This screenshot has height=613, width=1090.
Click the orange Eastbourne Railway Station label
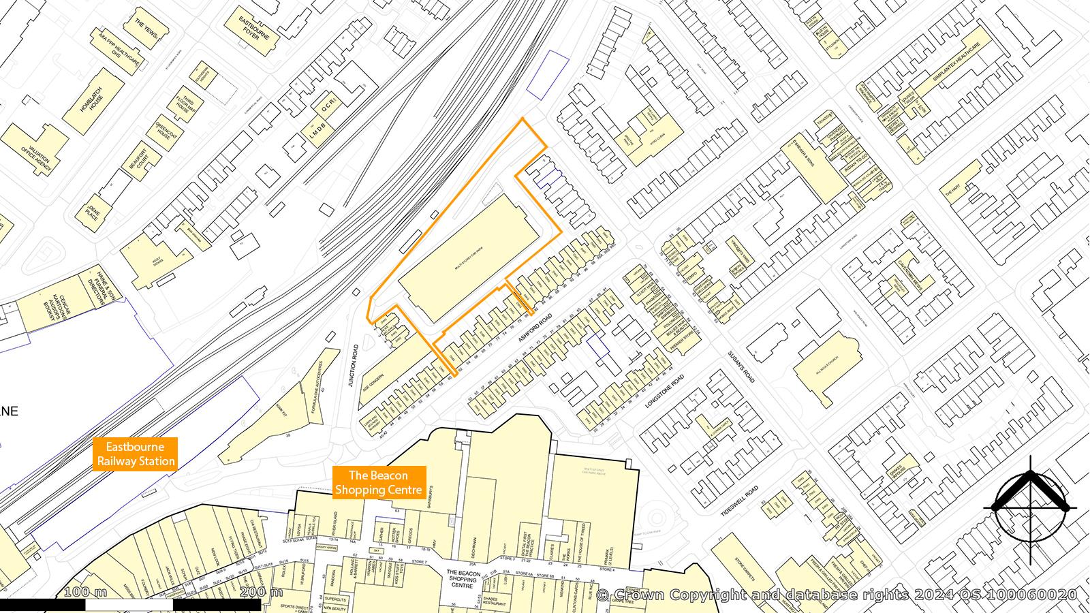tap(135, 454)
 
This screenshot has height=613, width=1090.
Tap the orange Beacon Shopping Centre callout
tap(379, 483)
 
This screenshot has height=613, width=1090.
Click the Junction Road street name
tap(353, 366)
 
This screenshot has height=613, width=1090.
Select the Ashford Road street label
tap(534, 328)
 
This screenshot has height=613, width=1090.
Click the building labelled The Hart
tap(953, 190)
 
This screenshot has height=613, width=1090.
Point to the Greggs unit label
tap(409, 533)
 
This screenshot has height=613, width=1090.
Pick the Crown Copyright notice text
tap(837, 595)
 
